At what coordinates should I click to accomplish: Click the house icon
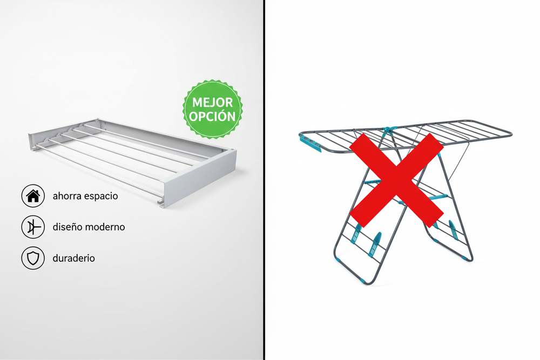click(32, 196)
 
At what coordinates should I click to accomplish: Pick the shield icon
click(32, 259)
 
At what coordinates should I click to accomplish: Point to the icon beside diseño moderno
click(32, 227)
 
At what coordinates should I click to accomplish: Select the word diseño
click(66, 227)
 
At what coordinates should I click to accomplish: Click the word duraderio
click(73, 259)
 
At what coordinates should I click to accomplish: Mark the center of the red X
click(396, 180)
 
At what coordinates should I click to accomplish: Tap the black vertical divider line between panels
click(265, 180)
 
